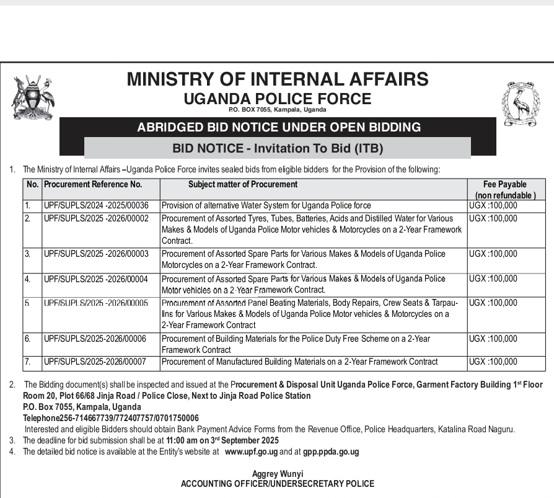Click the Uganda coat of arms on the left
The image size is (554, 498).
[x=33, y=97]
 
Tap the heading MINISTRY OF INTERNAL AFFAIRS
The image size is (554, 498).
[x=277, y=79]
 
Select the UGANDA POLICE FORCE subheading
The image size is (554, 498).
[x=277, y=99]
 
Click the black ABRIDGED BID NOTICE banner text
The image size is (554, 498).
[x=278, y=128]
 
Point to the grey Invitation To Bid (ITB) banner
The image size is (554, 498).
[x=278, y=148]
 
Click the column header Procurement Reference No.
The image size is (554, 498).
[x=93, y=184]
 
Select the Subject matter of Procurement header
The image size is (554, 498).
[x=243, y=184]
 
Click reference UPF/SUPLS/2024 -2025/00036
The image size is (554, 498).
[x=96, y=205]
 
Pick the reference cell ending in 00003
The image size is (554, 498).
[x=96, y=254]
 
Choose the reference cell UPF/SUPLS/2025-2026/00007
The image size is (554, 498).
[x=95, y=362]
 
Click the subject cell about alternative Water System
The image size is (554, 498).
[x=266, y=205]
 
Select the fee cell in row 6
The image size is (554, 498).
[x=493, y=339]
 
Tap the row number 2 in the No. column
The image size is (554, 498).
[x=27, y=218]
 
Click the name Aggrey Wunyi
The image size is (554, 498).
[x=277, y=474]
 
